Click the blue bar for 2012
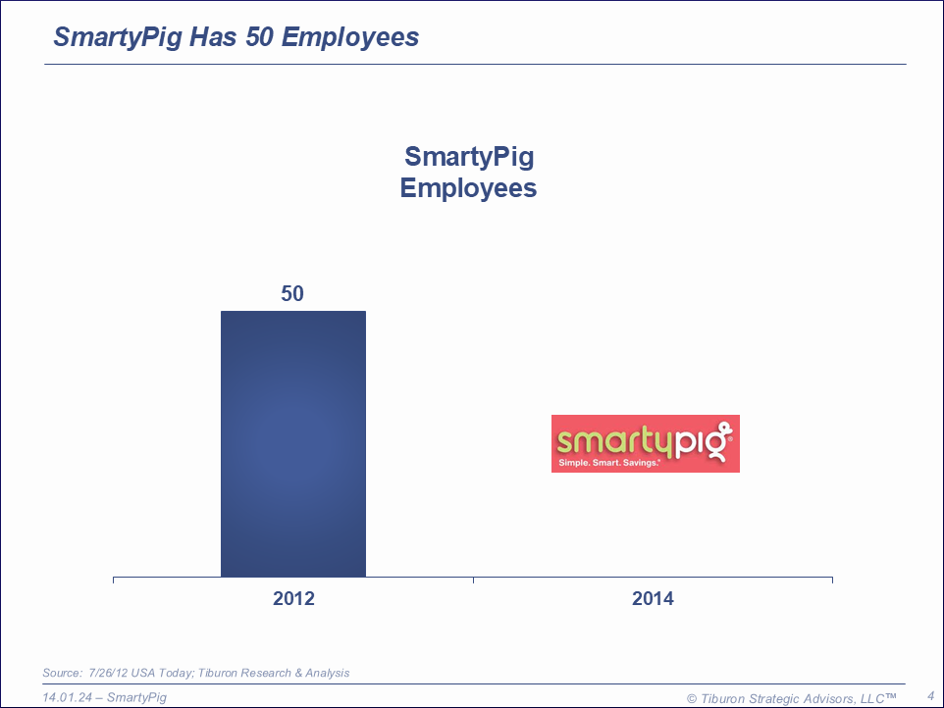pos(292,443)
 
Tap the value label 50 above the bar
pos(292,293)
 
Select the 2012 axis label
pos(293,598)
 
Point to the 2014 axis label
pos(653,598)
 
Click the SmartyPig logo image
pos(645,443)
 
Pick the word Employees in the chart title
pos(468,188)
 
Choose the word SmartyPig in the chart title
pos(469,157)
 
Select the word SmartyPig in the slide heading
pos(117,37)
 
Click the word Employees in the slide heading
pos(350,37)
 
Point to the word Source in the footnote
pos(61,673)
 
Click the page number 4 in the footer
pos(930,696)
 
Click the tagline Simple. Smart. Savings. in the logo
pos(608,462)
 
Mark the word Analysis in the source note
pos(328,673)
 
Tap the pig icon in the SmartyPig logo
pos(722,438)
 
